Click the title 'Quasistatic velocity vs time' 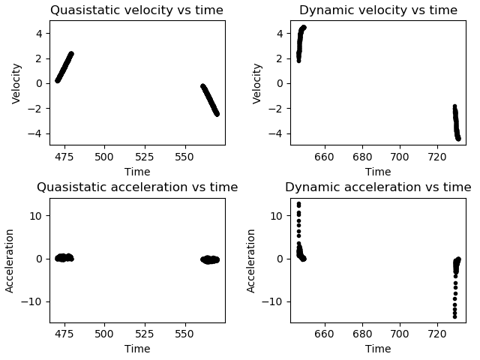137,10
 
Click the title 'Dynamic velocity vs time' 378,10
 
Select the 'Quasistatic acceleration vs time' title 137,187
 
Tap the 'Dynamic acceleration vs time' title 378,187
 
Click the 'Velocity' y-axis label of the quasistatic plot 16,82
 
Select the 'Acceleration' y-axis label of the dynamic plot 251,260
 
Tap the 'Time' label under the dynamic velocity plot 378,172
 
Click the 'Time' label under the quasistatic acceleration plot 137,349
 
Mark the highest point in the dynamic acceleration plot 298,204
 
